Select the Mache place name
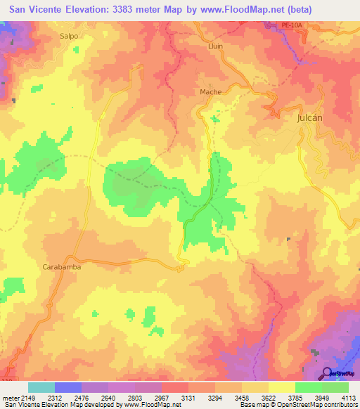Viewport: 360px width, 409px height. tap(210, 92)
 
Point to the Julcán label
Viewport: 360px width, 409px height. tap(308, 118)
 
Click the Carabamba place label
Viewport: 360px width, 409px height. tap(63, 267)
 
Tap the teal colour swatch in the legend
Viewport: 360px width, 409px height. tap(41, 387)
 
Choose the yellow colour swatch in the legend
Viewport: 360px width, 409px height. tap(281, 387)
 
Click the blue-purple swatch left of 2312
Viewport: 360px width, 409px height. tap(68, 387)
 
